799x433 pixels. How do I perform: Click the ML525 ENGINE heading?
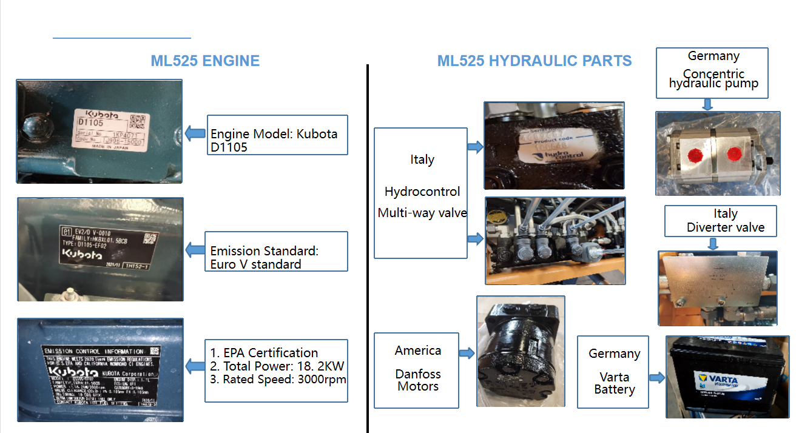pos(205,61)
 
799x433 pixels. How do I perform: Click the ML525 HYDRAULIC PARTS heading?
pos(534,61)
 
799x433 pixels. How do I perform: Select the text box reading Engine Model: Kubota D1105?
pos(277,135)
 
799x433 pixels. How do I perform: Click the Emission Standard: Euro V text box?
pos(276,251)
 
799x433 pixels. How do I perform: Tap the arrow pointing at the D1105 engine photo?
pos(195,133)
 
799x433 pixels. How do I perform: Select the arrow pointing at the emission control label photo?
pos(195,366)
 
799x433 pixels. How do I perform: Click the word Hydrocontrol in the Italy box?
pos(422,192)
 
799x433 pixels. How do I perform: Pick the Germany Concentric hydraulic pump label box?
pos(712,73)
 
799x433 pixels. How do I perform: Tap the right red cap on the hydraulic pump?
pos(735,153)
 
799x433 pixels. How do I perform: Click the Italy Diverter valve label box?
pos(720,221)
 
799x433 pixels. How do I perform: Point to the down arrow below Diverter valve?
pos(713,243)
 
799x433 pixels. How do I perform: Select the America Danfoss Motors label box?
pos(417,369)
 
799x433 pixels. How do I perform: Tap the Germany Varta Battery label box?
pos(613,371)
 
